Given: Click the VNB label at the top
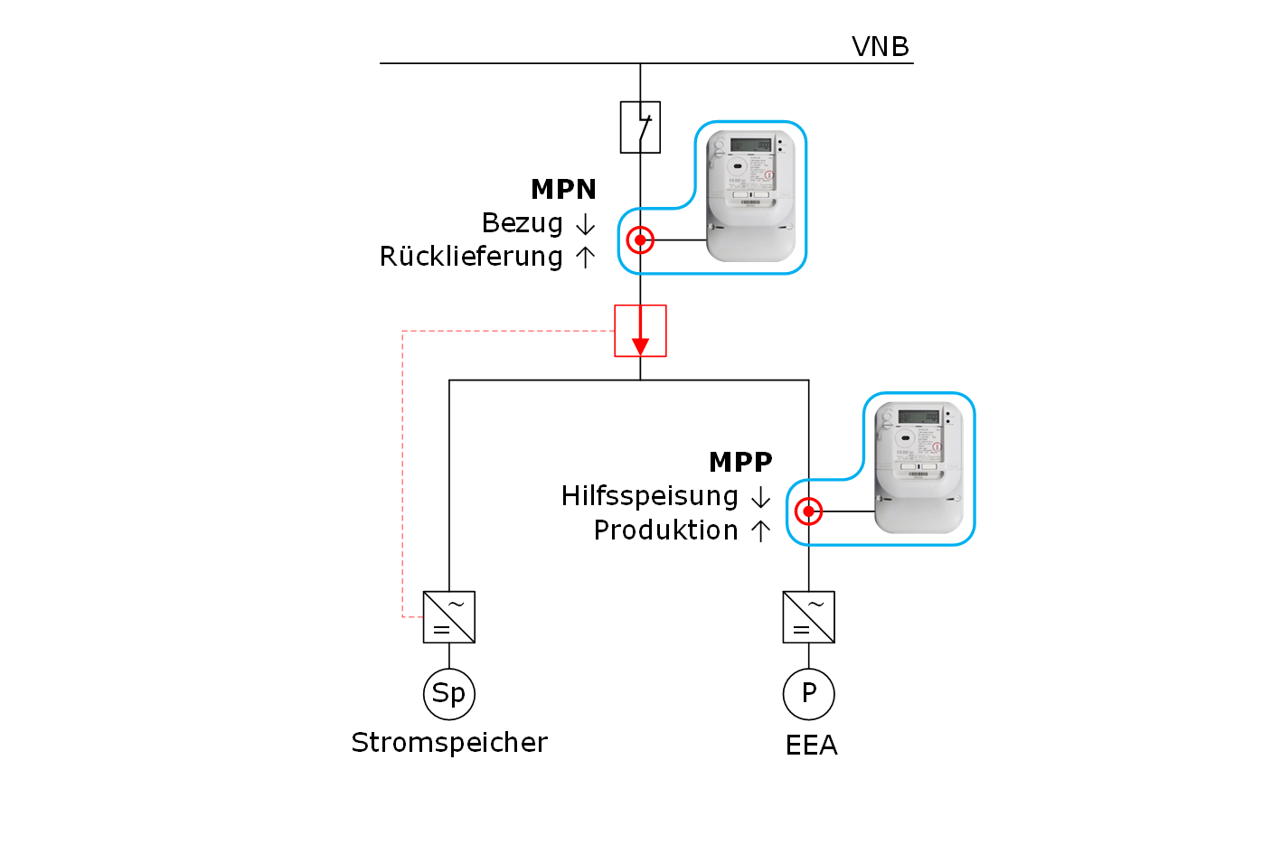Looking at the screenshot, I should point(880,46).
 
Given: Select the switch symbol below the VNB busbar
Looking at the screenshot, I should point(640,127).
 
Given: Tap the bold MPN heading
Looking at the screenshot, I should point(563,189).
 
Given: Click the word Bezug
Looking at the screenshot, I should point(522,222).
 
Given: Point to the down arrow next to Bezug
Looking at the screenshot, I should point(585,224).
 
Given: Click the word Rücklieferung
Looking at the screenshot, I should point(471,257).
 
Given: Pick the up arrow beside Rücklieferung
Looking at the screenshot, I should point(585,258).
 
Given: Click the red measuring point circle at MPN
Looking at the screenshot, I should point(640,240).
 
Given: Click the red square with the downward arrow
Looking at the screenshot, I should point(640,331).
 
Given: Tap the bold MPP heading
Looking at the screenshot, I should point(740,462).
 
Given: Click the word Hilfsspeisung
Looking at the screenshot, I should point(649,496).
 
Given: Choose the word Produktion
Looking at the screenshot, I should point(665,530).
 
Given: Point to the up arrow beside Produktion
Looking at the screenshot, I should point(760,530).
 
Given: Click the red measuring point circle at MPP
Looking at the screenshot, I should point(808,511).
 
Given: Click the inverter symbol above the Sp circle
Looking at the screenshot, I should point(449,617).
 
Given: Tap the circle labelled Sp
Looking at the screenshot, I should point(449,694).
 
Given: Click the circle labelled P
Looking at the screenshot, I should point(808,694).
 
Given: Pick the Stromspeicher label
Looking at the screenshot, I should point(449,743).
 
